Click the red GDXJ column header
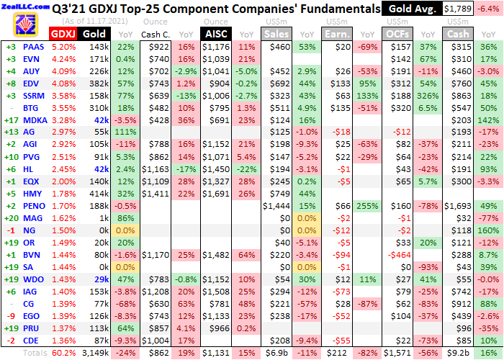coord(63,34)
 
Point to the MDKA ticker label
coord(34,120)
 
